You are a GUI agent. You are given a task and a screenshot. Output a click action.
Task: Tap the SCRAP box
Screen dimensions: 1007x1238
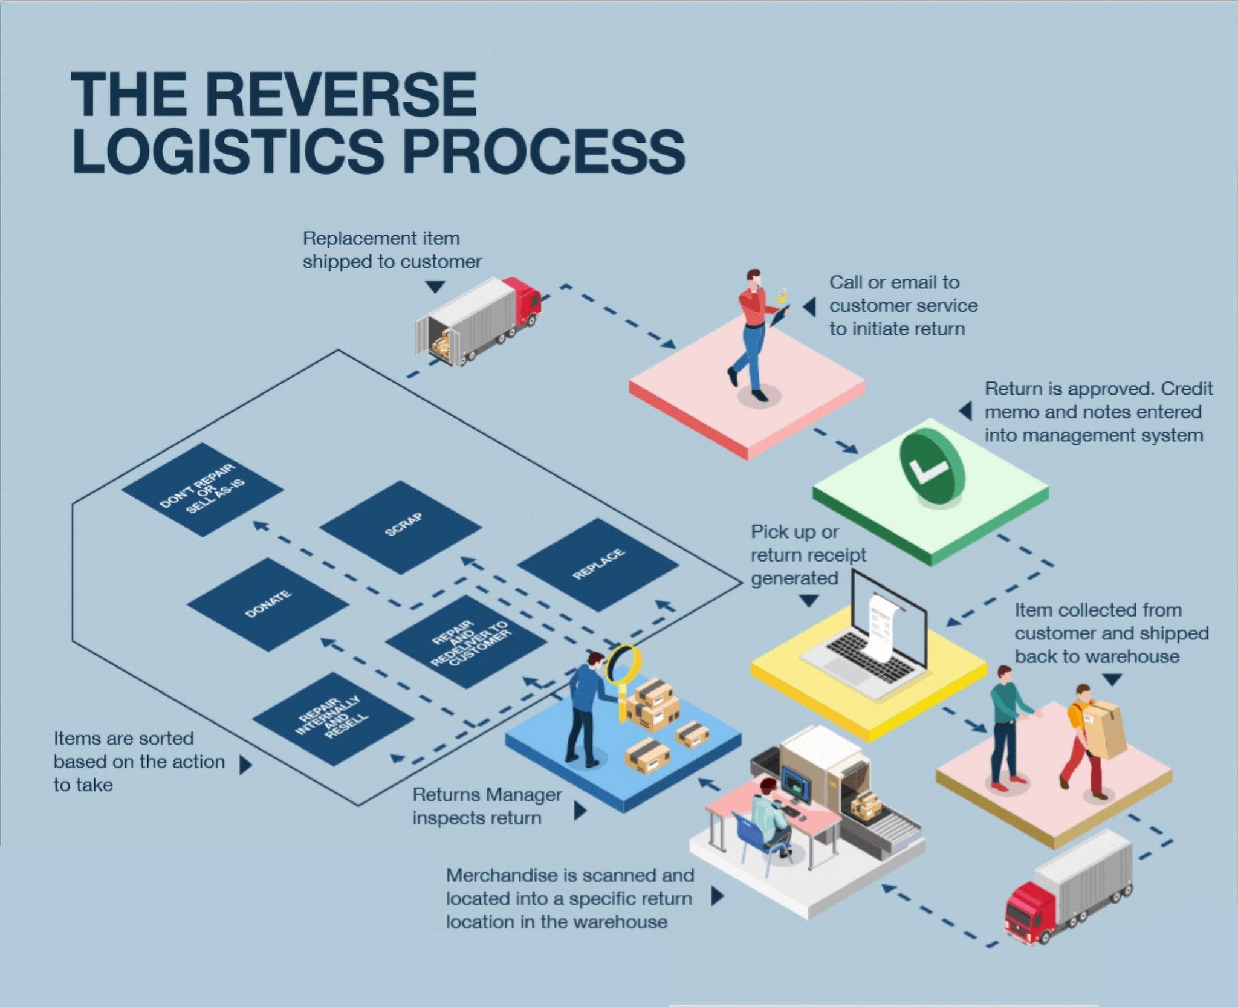pos(401,527)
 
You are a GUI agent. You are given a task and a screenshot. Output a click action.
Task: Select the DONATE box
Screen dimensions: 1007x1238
pos(268,604)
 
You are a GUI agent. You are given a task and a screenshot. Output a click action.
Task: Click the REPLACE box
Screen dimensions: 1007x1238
pos(598,565)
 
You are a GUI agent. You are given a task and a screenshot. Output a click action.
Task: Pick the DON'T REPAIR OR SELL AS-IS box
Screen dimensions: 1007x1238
pos(202,490)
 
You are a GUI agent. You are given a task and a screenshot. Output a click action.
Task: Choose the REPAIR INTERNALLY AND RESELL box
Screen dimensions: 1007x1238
pos(333,719)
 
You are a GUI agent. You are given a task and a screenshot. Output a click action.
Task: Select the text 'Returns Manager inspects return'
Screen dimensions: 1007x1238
pos(487,806)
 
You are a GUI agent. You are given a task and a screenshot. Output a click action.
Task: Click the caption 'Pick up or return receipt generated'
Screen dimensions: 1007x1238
pos(808,555)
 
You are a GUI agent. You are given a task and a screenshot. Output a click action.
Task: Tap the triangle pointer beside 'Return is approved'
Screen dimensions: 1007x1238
pos(965,411)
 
